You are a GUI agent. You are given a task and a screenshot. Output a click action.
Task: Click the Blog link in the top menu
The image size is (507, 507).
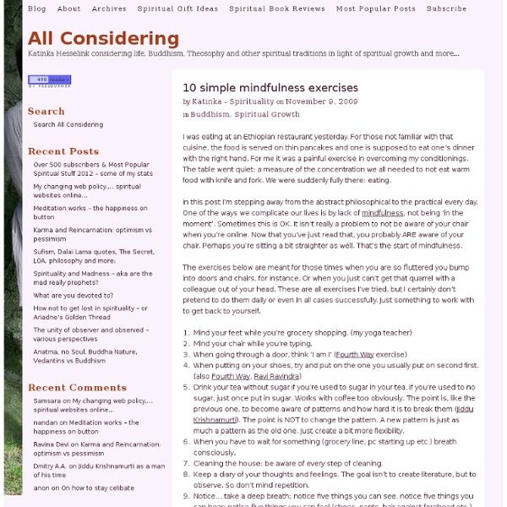[x=37, y=8]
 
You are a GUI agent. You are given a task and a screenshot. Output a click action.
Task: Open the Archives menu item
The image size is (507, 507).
[x=109, y=8]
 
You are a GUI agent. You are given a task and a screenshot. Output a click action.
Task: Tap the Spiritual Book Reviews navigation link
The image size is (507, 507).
[x=276, y=8]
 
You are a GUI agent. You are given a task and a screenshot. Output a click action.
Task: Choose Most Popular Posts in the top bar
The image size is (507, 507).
[x=376, y=8]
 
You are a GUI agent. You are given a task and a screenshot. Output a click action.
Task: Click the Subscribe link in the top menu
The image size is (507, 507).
[x=446, y=8]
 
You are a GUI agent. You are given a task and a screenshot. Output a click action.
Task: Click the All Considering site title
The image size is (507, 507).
[x=103, y=38]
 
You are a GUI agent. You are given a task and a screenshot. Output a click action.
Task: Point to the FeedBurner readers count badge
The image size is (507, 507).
[x=49, y=81]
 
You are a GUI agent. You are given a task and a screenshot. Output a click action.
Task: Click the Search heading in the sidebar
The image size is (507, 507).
[x=46, y=111]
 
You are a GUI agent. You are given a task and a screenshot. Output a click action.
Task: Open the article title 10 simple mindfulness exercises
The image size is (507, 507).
[x=270, y=88]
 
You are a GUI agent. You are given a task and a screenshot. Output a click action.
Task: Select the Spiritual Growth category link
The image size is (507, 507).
[x=267, y=114]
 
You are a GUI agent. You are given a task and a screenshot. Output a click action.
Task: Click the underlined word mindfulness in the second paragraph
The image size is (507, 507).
[x=382, y=213]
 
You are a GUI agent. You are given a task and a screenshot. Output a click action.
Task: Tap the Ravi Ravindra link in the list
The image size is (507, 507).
[x=275, y=375]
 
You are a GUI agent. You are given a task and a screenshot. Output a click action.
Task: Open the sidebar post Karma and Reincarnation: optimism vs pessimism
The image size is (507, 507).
[x=92, y=234]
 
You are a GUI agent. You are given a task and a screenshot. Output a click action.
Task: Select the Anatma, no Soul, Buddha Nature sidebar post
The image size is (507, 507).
[x=92, y=359]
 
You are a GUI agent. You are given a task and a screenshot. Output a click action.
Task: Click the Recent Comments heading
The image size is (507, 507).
[x=77, y=388]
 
